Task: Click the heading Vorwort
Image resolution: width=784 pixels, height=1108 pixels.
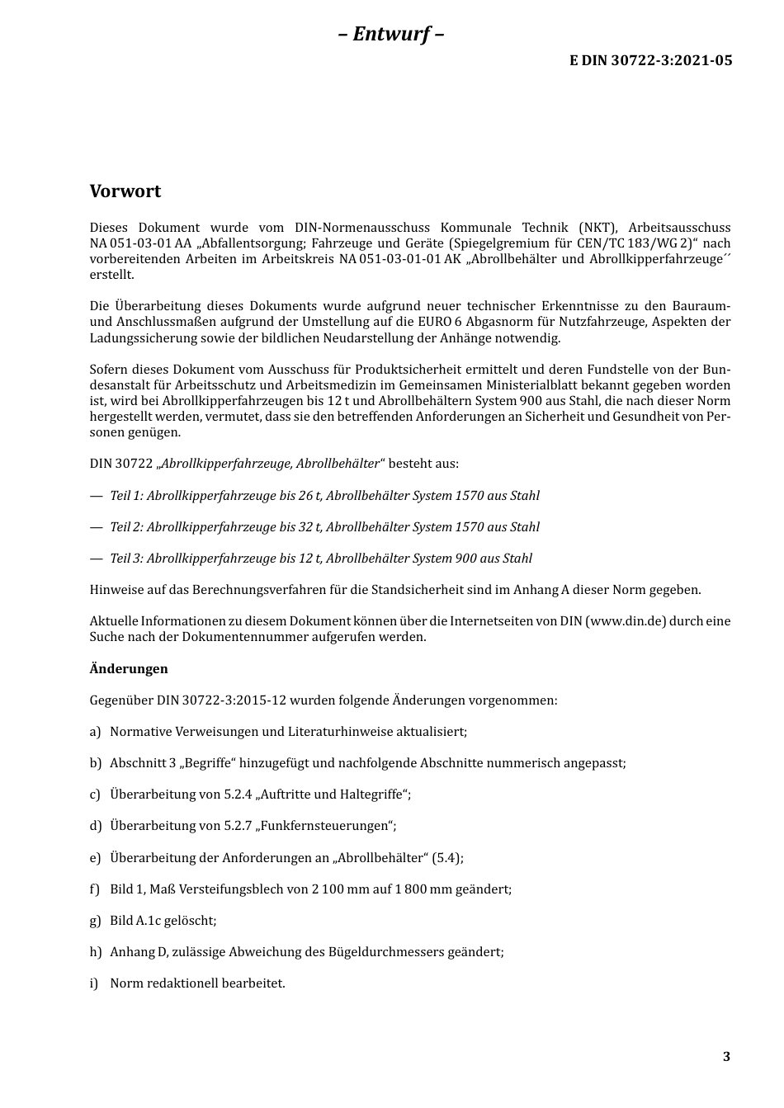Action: click(x=125, y=191)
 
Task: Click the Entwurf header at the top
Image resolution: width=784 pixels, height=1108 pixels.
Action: click(x=391, y=34)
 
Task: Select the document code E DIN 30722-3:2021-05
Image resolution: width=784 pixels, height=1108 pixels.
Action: click(x=650, y=60)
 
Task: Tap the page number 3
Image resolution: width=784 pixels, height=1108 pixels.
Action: click(x=726, y=1057)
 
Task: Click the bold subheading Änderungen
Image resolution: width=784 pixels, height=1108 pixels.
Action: click(x=129, y=669)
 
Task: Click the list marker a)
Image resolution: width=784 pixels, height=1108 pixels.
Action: click(x=95, y=732)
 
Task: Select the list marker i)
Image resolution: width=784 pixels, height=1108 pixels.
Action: click(x=94, y=983)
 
